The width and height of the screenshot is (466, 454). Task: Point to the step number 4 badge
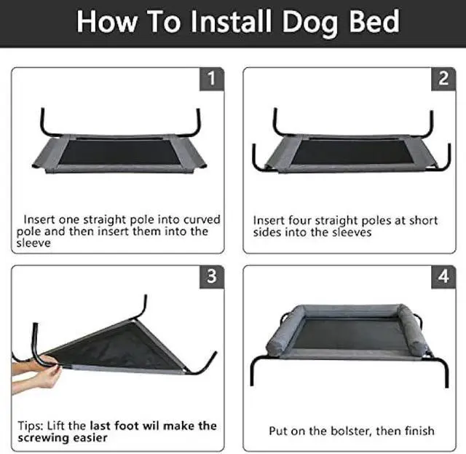click(444, 277)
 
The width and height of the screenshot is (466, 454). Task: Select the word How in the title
click(106, 21)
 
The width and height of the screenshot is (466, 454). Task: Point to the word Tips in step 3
click(33, 425)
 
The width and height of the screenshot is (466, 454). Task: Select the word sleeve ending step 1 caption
click(36, 243)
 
